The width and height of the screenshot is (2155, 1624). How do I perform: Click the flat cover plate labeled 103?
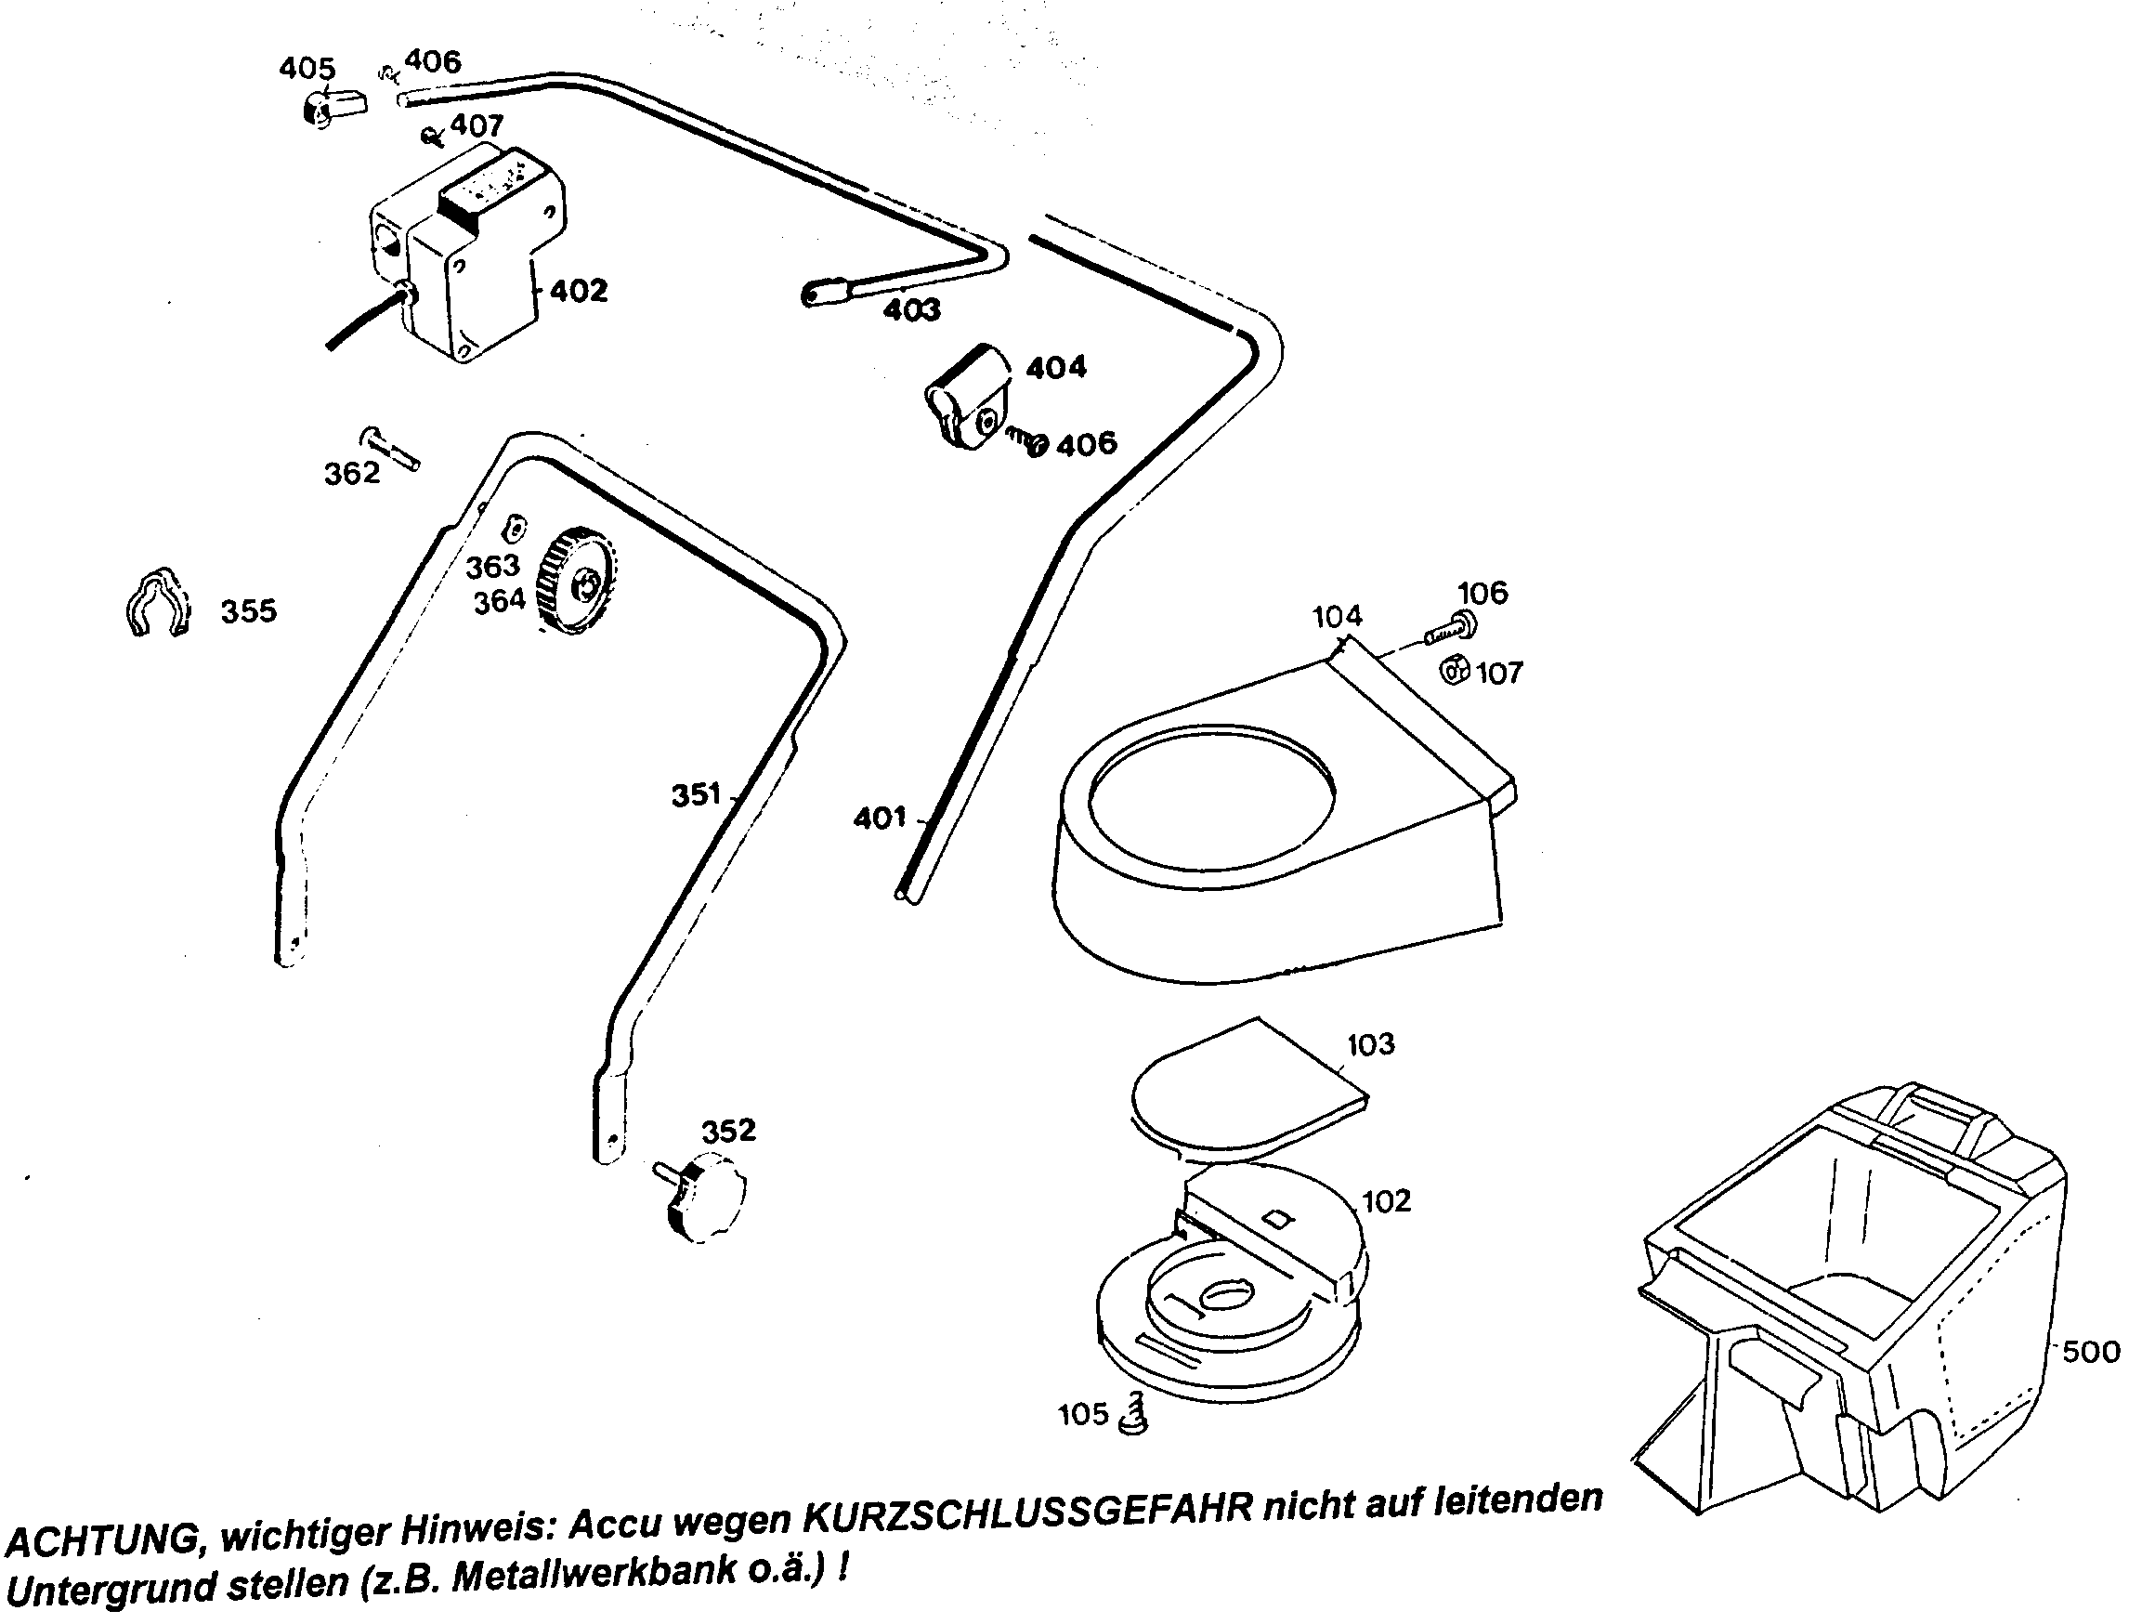coord(1247,1085)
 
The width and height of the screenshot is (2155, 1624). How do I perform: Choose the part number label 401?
coord(880,819)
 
